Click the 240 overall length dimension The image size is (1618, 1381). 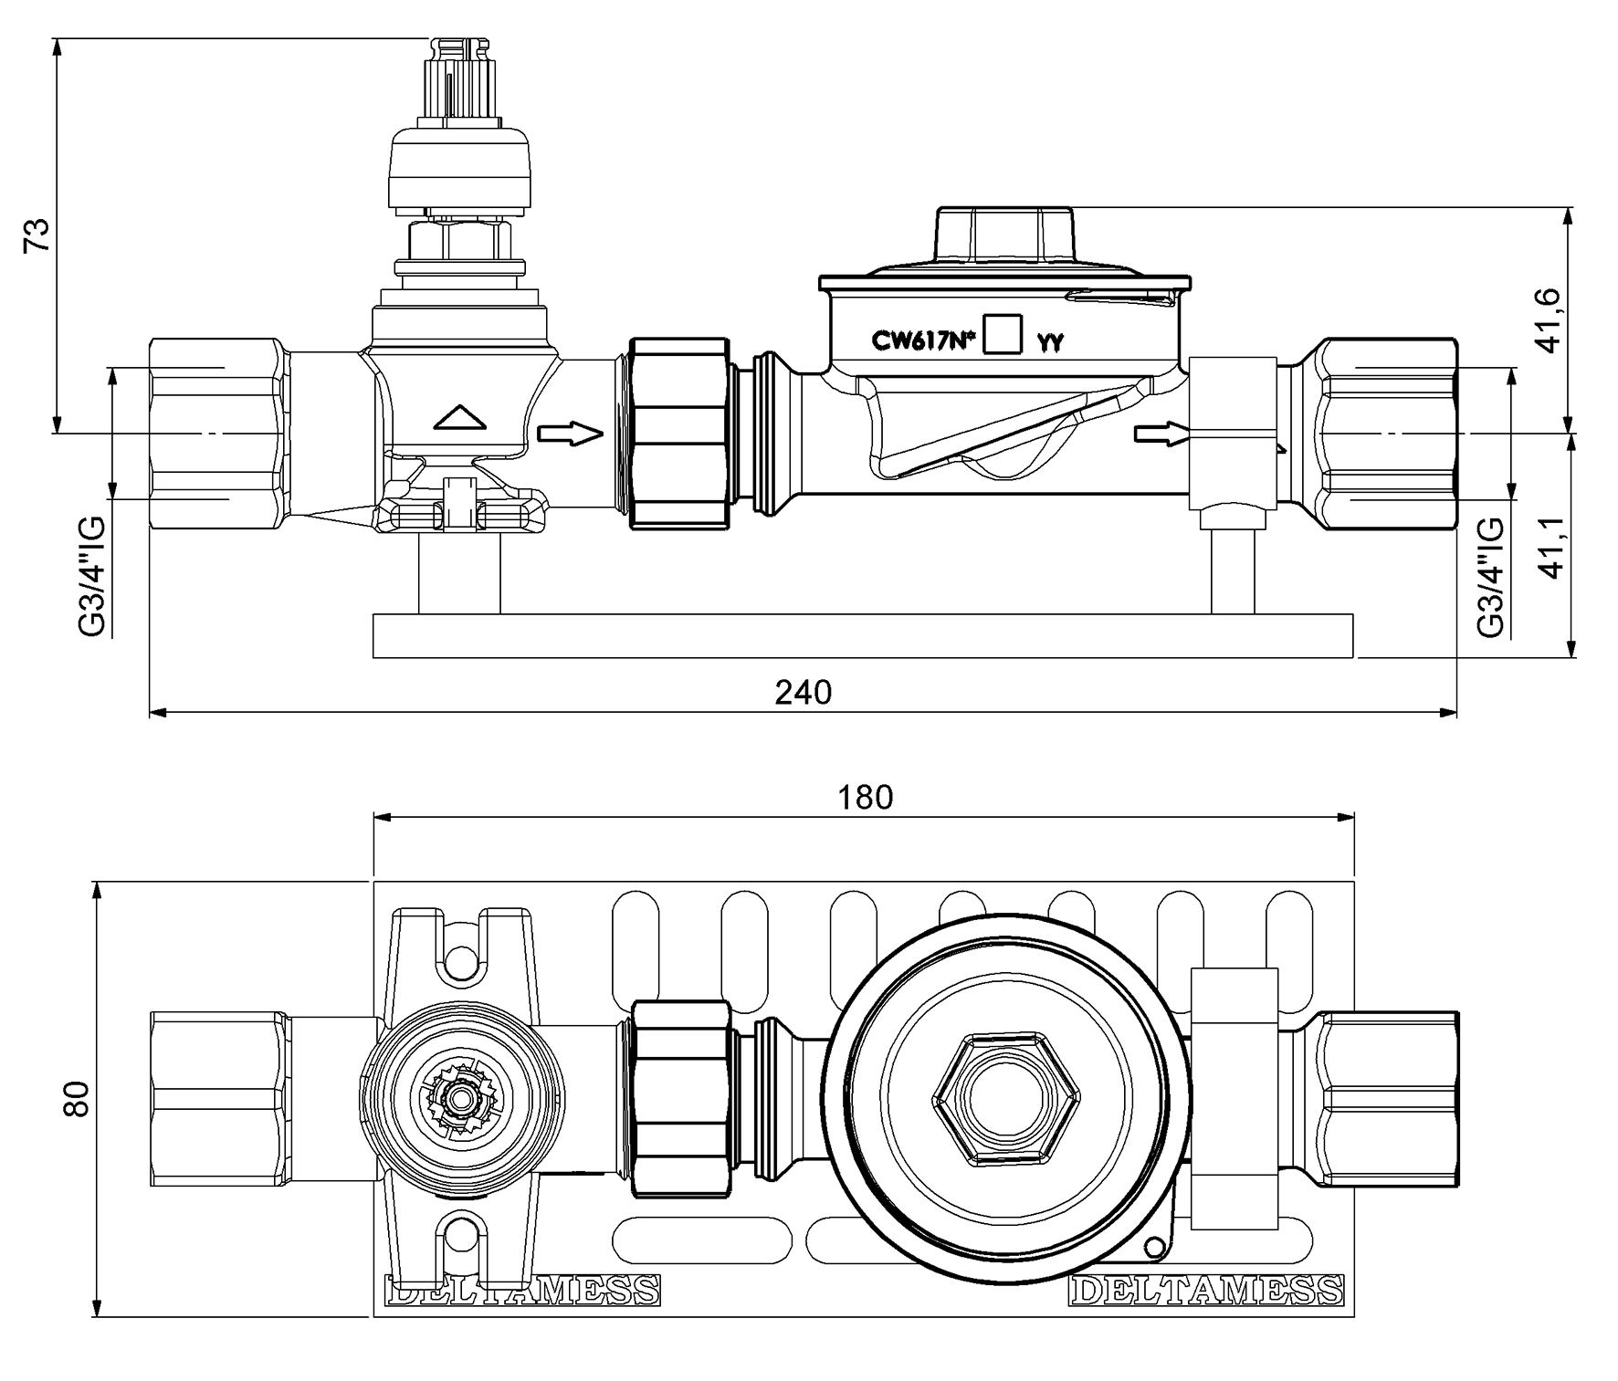coord(804,693)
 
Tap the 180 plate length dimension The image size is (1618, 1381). coord(866,798)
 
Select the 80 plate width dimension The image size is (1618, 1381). coord(78,1098)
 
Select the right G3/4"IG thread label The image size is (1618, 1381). coord(1490,576)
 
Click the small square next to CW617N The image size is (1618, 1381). coord(1004,333)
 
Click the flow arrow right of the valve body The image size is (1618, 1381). coord(571,434)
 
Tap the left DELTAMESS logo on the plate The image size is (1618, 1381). coord(522,1290)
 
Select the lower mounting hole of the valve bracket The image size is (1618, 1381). coord(461,1236)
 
